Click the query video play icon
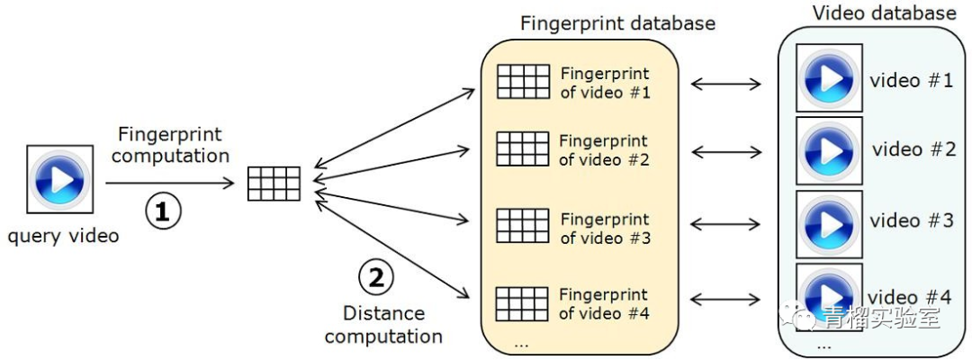[60, 180]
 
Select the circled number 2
[376, 277]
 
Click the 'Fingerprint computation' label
[171, 145]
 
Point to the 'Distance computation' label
[383, 325]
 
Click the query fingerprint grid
[274, 184]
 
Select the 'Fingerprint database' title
[617, 23]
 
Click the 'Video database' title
[884, 13]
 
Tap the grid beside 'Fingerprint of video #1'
[522, 82]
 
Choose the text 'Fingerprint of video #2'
[603, 150]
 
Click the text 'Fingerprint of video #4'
[603, 304]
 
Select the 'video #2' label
[913, 149]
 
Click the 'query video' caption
[63, 237]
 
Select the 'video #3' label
[912, 220]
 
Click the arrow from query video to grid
[171, 184]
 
